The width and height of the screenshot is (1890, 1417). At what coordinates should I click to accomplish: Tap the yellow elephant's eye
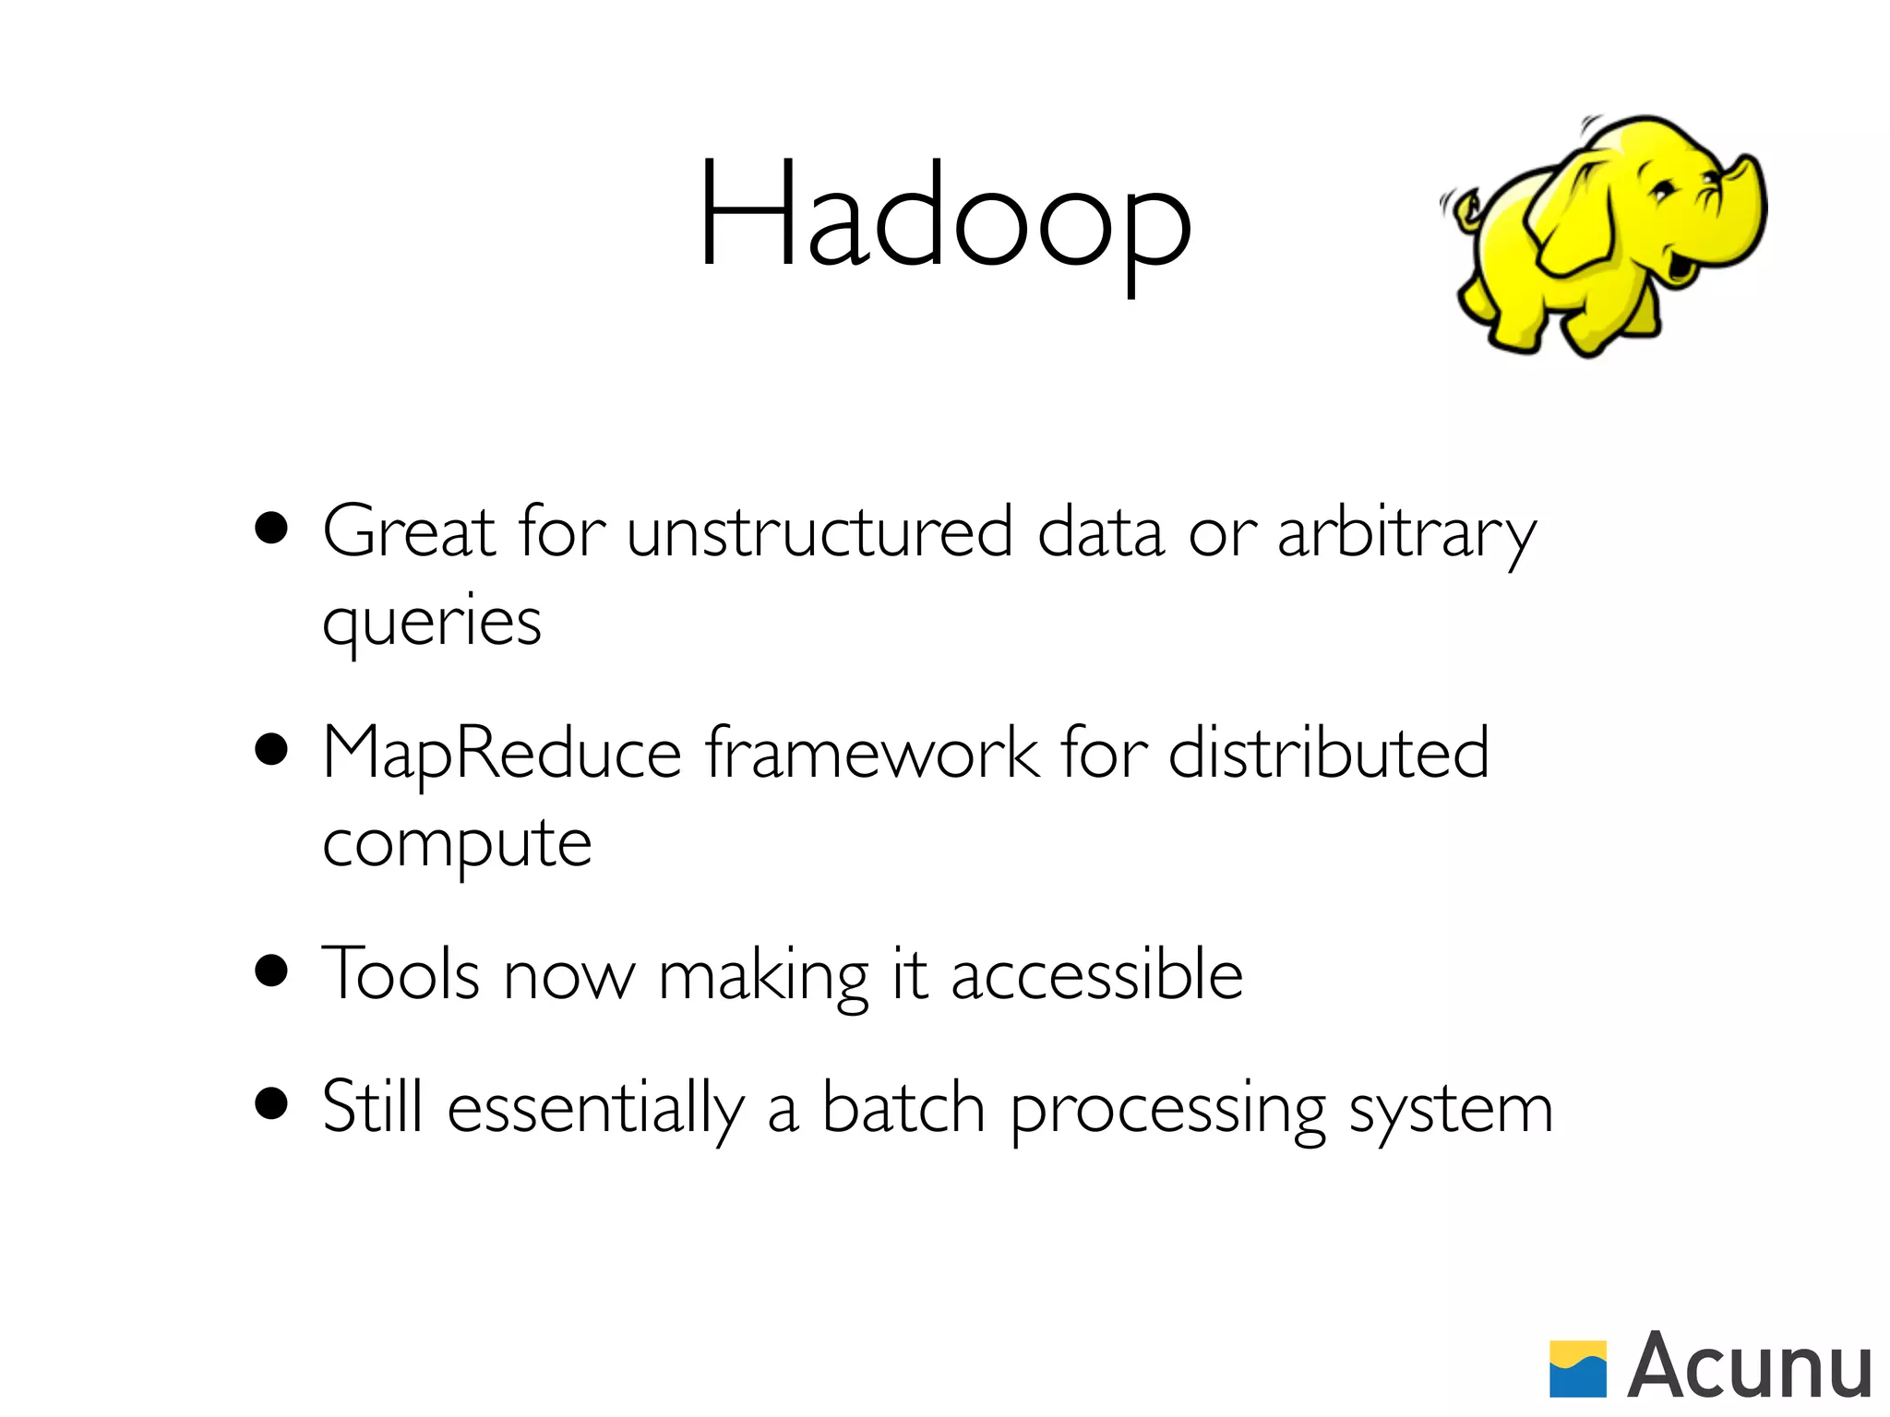[x=1662, y=192]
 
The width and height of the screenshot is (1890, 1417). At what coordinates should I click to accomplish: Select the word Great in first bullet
[x=409, y=532]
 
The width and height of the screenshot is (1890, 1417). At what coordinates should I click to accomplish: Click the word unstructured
[x=819, y=532]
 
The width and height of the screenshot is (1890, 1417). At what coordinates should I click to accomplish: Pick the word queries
[x=431, y=623]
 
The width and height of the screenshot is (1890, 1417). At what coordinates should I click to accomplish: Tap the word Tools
[x=401, y=975]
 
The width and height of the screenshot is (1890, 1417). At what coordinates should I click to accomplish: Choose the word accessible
[x=1096, y=975]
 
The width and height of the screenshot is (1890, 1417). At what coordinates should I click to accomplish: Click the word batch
[x=903, y=1107]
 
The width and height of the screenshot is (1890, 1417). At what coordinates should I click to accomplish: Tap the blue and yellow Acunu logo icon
[x=1577, y=1368]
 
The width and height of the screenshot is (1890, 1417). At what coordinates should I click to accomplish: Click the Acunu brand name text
[x=1749, y=1366]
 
